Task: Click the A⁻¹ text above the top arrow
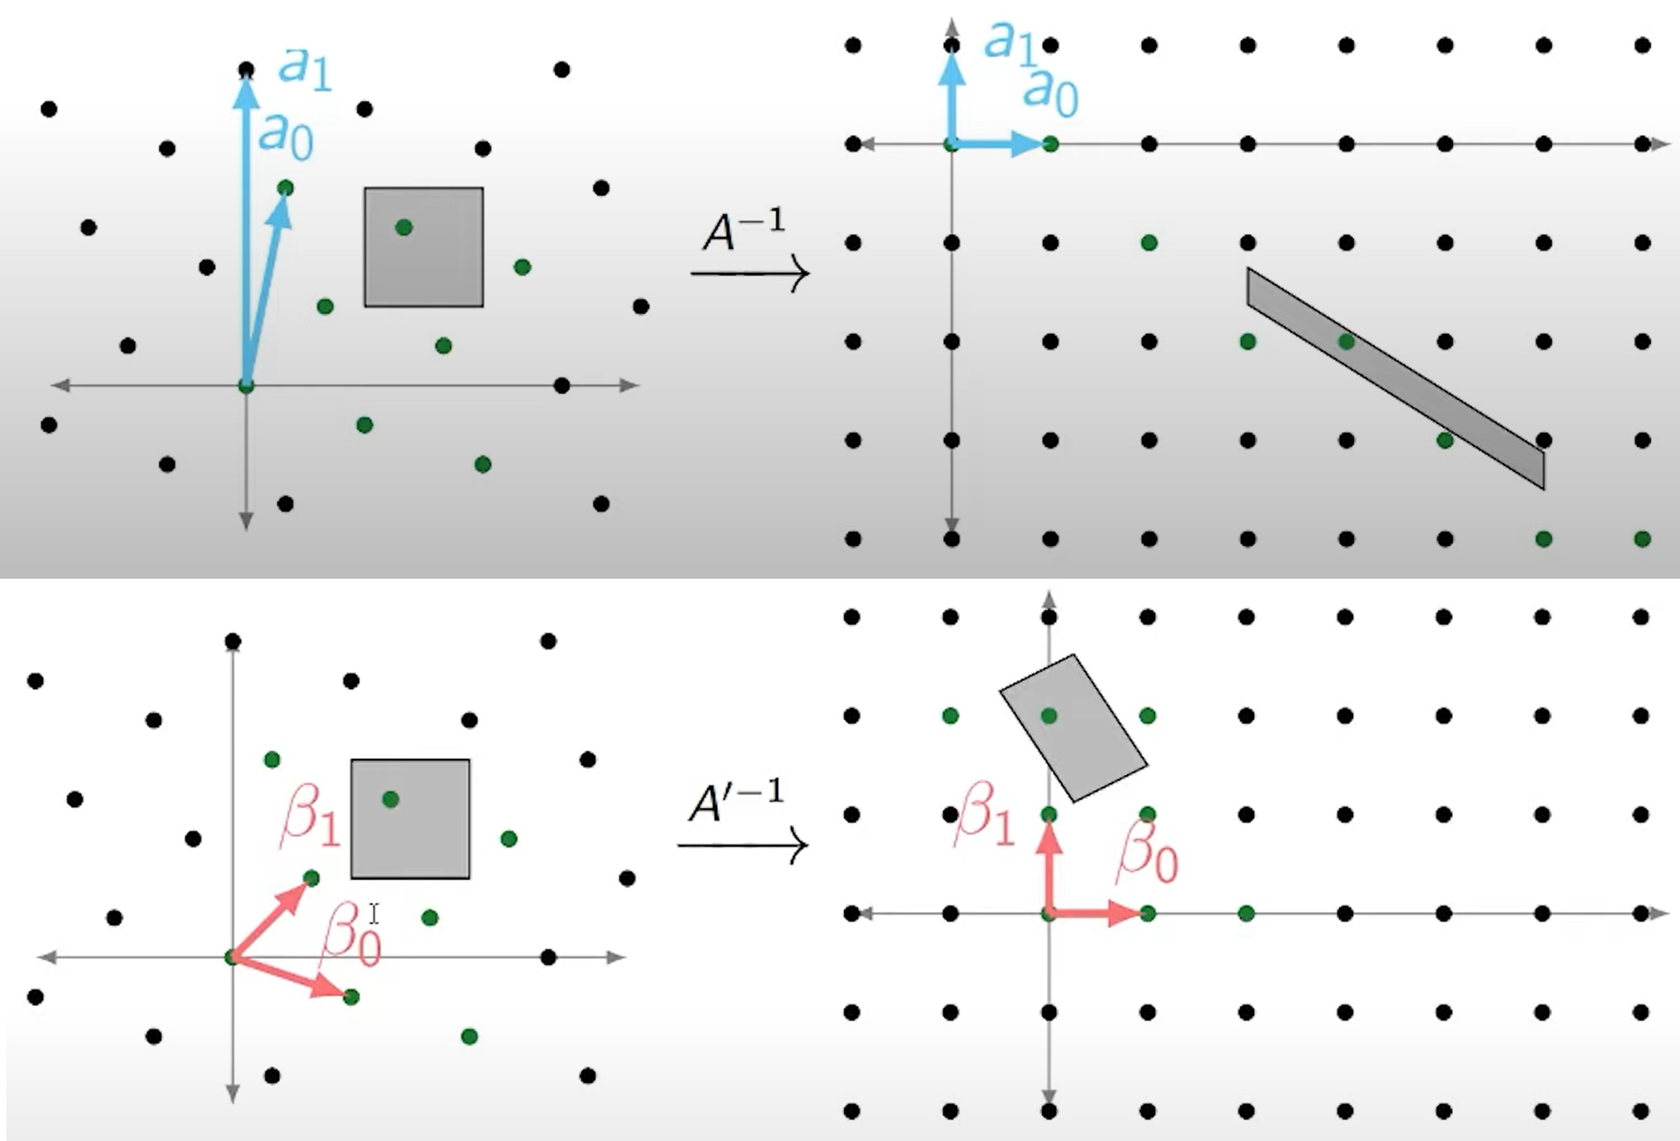[744, 230]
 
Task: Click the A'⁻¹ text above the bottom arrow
[736, 800]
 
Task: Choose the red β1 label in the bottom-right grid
[984, 814]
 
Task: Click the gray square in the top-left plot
[423, 247]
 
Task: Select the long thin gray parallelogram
[1395, 379]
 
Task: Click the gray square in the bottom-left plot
[411, 819]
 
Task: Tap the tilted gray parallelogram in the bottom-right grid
[1073, 728]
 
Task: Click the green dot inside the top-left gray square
[404, 228]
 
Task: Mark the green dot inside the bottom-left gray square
[390, 799]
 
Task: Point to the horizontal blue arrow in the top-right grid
[998, 144]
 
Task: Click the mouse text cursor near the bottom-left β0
[373, 914]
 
